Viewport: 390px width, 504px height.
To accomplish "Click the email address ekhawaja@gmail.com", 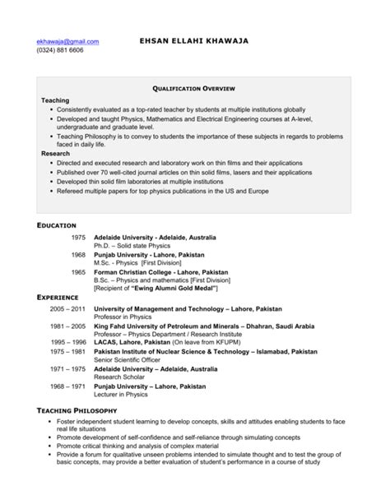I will coord(67,40).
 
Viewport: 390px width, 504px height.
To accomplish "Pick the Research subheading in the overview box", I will coord(57,153).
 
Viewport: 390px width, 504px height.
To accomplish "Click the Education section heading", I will coord(56,225).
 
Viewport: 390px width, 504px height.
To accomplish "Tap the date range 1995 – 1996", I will coord(68,341).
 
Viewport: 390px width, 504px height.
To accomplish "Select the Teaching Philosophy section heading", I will coord(77,409).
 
